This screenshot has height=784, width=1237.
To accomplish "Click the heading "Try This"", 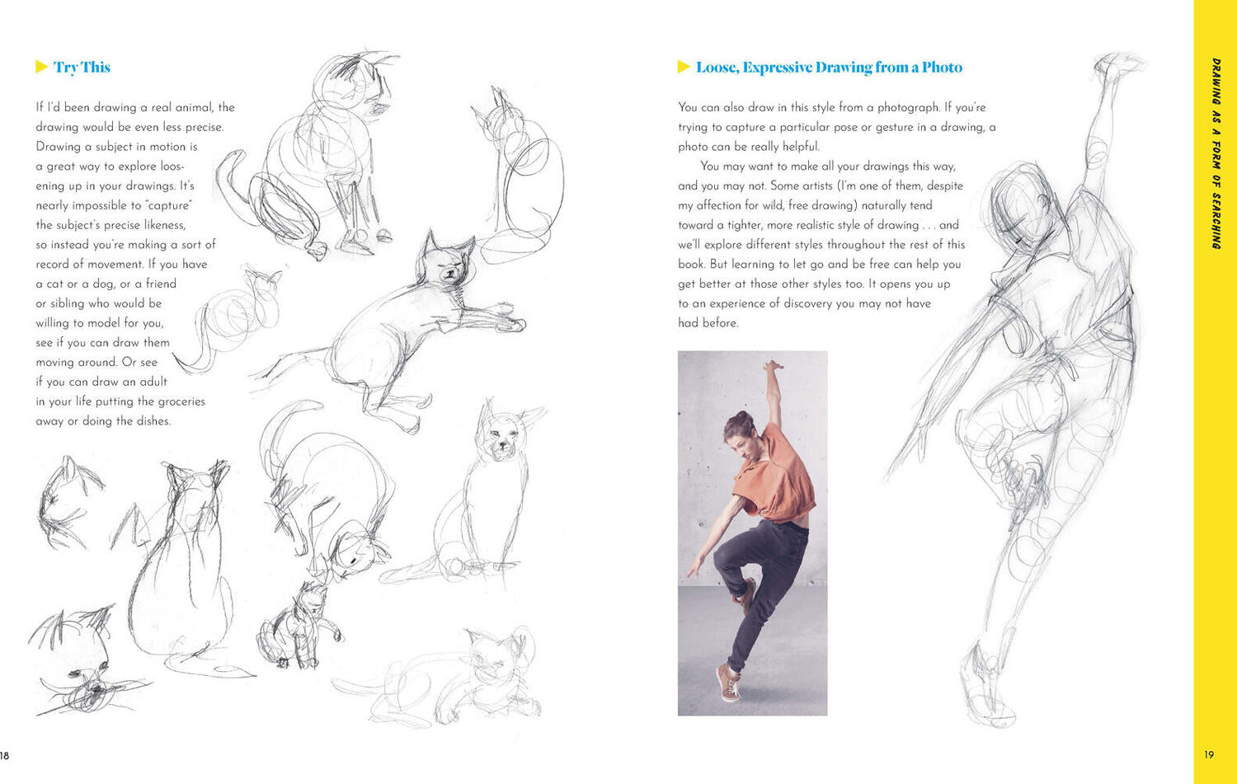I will (x=82, y=68).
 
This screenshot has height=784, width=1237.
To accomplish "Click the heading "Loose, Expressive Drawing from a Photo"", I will (x=829, y=68).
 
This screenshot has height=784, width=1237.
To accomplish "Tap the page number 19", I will (x=1209, y=754).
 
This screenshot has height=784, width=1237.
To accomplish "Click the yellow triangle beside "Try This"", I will (x=41, y=67).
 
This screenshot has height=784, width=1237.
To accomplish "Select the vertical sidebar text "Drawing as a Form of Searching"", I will (x=1216, y=153).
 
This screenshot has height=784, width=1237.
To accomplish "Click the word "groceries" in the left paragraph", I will (x=180, y=401).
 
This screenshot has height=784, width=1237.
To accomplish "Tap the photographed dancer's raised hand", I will (x=773, y=366).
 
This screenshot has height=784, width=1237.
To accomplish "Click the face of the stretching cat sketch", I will (x=446, y=264).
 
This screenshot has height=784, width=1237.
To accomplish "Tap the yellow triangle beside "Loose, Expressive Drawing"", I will (x=684, y=67).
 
